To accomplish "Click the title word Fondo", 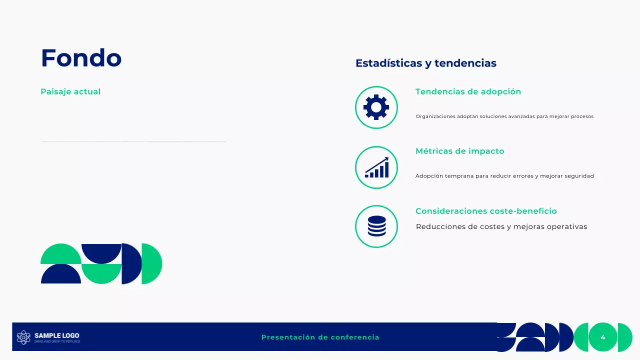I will click(81, 58).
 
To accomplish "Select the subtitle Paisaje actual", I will click(70, 91).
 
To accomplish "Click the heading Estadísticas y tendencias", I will click(425, 63).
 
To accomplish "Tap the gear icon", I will click(376, 107).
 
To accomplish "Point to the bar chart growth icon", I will click(376, 167).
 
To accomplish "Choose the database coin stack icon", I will click(376, 226).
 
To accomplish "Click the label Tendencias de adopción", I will click(468, 91).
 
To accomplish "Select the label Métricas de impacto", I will click(459, 151).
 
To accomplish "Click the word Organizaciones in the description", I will click(435, 116).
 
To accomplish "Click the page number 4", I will click(603, 337).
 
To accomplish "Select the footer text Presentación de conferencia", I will click(320, 337).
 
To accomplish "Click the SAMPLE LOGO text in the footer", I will click(56, 335).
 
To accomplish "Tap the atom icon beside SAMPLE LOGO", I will click(23, 337).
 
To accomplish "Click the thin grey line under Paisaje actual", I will click(133, 142).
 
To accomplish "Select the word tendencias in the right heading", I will click(465, 63).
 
